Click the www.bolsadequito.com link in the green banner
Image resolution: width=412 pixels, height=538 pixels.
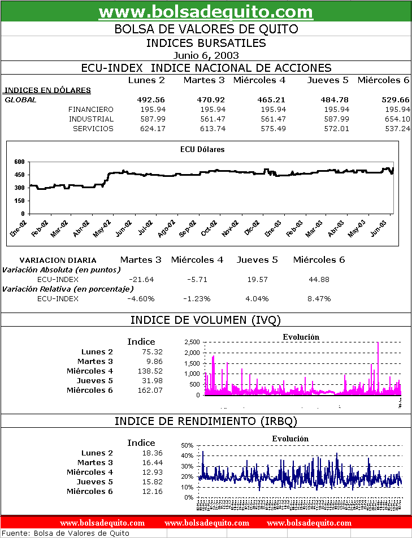pos(206,11)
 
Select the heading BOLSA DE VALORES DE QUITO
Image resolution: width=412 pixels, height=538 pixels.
pos(206,29)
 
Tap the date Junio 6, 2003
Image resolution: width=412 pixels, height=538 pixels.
pos(206,55)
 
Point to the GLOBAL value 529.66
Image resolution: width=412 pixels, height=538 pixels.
pos(396,99)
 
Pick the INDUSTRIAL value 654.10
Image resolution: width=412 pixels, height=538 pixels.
pos(397,119)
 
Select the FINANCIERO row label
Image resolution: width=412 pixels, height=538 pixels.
pos(90,109)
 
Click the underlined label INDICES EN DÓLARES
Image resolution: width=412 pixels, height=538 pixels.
pos(47,90)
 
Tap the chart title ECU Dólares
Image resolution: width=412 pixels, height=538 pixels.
pos(202,150)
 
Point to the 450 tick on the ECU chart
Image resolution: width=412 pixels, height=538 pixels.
pos(19,175)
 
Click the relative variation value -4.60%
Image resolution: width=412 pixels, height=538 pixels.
pos(141,298)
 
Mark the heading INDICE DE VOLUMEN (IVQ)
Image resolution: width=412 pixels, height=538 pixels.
pos(206,320)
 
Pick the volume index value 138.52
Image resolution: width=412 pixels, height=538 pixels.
pos(150,371)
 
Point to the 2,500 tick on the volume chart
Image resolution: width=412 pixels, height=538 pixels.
pos(192,342)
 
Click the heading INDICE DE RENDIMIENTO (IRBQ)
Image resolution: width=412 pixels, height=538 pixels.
pos(206,421)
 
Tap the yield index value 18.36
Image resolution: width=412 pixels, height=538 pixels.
pos(153,453)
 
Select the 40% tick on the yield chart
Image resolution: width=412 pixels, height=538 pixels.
pos(187,455)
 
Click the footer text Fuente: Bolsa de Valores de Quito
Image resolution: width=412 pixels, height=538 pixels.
pos(67,533)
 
